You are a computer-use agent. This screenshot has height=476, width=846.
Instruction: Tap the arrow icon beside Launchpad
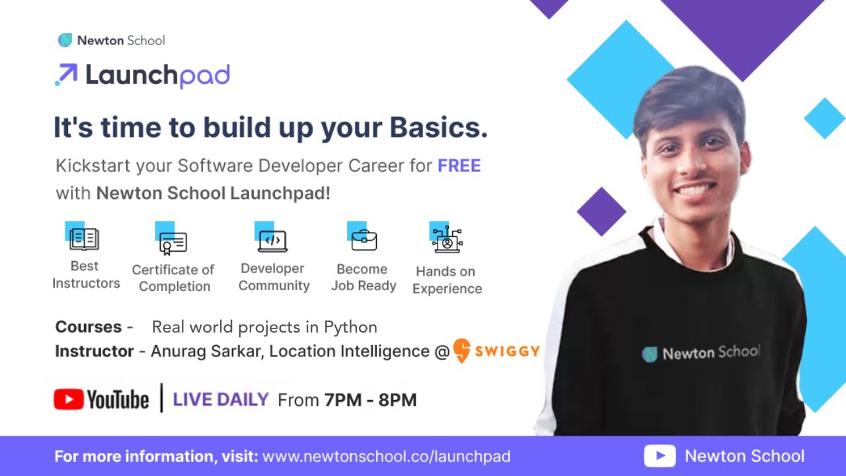pyautogui.click(x=66, y=75)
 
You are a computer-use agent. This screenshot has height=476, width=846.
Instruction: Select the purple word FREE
pyautogui.click(x=459, y=165)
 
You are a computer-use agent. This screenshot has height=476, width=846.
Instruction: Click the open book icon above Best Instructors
pyautogui.click(x=84, y=238)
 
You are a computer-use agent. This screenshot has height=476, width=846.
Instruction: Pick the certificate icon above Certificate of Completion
pyautogui.click(x=173, y=243)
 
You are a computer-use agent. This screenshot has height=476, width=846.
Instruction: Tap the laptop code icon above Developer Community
pyautogui.click(x=272, y=241)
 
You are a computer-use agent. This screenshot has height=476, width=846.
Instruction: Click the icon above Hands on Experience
pyautogui.click(x=447, y=240)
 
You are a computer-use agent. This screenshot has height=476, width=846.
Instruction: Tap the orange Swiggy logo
pyautogui.click(x=496, y=350)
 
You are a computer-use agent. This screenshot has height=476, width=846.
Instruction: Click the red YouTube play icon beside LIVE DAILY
pyautogui.click(x=69, y=399)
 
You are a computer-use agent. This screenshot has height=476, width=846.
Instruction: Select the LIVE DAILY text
pyautogui.click(x=220, y=399)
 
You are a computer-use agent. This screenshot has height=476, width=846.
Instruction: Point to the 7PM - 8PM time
pyautogui.click(x=370, y=400)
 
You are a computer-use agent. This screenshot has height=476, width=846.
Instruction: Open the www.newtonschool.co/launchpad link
pyautogui.click(x=386, y=456)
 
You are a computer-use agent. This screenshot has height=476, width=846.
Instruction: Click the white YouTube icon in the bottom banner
pyautogui.click(x=660, y=456)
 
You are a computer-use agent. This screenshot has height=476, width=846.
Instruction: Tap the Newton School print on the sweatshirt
pyautogui.click(x=701, y=353)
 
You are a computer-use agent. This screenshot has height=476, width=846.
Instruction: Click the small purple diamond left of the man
pyautogui.click(x=601, y=212)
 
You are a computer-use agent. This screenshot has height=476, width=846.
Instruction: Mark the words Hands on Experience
pyautogui.click(x=447, y=280)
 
